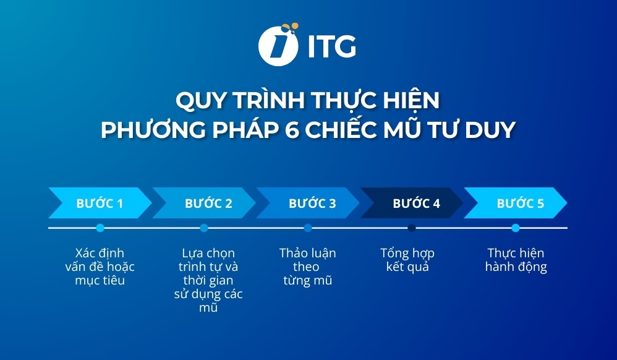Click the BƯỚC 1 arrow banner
(x=99, y=203)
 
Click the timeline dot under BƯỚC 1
(x=100, y=228)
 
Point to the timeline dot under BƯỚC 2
(x=204, y=228)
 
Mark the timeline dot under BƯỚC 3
(x=308, y=228)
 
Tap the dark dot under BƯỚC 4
(x=412, y=228)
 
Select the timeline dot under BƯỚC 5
(x=516, y=228)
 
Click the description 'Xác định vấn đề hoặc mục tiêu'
(x=100, y=267)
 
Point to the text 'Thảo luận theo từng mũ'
(x=307, y=267)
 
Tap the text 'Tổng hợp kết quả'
(x=407, y=260)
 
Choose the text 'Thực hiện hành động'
(x=516, y=260)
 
